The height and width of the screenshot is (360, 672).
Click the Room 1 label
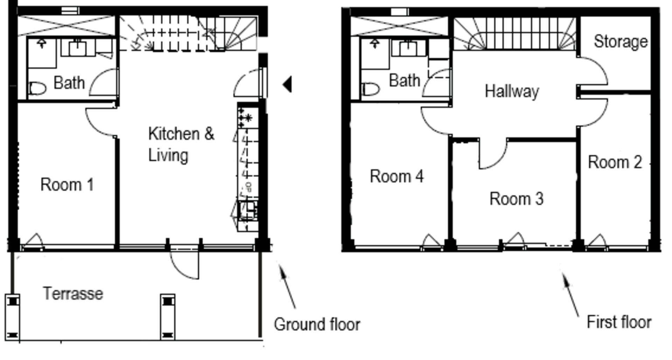[67, 185]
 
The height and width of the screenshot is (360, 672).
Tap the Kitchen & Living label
[181, 144]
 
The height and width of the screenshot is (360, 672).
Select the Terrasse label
[73, 293]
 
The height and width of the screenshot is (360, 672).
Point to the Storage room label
[621, 42]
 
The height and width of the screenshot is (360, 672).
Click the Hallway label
[512, 92]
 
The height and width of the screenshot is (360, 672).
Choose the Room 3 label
[516, 199]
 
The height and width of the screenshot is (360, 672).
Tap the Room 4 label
[397, 176]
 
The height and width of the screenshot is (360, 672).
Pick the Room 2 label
[615, 162]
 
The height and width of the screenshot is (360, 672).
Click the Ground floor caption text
[317, 324]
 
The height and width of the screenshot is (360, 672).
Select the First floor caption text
[619, 322]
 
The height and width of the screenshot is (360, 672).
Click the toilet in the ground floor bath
[37, 89]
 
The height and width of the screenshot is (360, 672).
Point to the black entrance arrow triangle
[287, 84]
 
